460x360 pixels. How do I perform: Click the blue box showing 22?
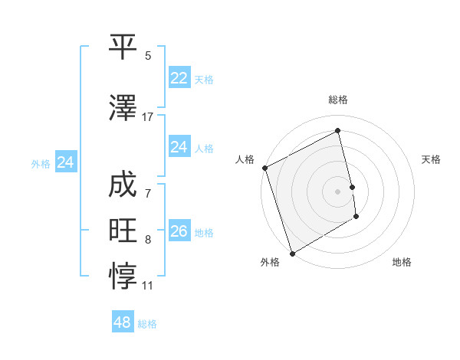pos(179,78)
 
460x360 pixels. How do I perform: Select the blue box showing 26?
pos(179,232)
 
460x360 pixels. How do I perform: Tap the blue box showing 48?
pos(122,322)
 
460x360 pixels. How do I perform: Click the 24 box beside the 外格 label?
pos(66,162)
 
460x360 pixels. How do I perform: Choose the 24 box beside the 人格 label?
pos(179,148)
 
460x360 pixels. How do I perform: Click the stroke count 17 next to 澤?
pos(148,117)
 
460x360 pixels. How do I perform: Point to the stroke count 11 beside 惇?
pos(148,286)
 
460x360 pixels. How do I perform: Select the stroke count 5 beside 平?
pos(148,56)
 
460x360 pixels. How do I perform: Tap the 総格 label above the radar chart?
pos(337,100)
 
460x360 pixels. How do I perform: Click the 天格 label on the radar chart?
pos(432,159)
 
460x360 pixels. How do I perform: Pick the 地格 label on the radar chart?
pos(402,262)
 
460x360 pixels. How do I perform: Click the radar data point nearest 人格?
pos(264,168)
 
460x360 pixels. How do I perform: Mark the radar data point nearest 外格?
pos(291,253)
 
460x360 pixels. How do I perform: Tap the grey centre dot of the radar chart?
pos(337,191)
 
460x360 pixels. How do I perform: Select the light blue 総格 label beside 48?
pos(147,324)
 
